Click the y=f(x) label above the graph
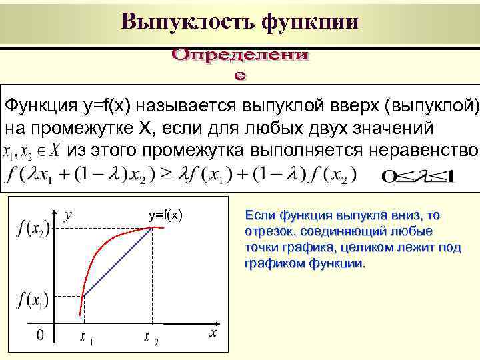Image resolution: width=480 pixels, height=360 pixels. (x=166, y=215)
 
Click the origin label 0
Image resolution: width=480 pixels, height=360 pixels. (x=39, y=335)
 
